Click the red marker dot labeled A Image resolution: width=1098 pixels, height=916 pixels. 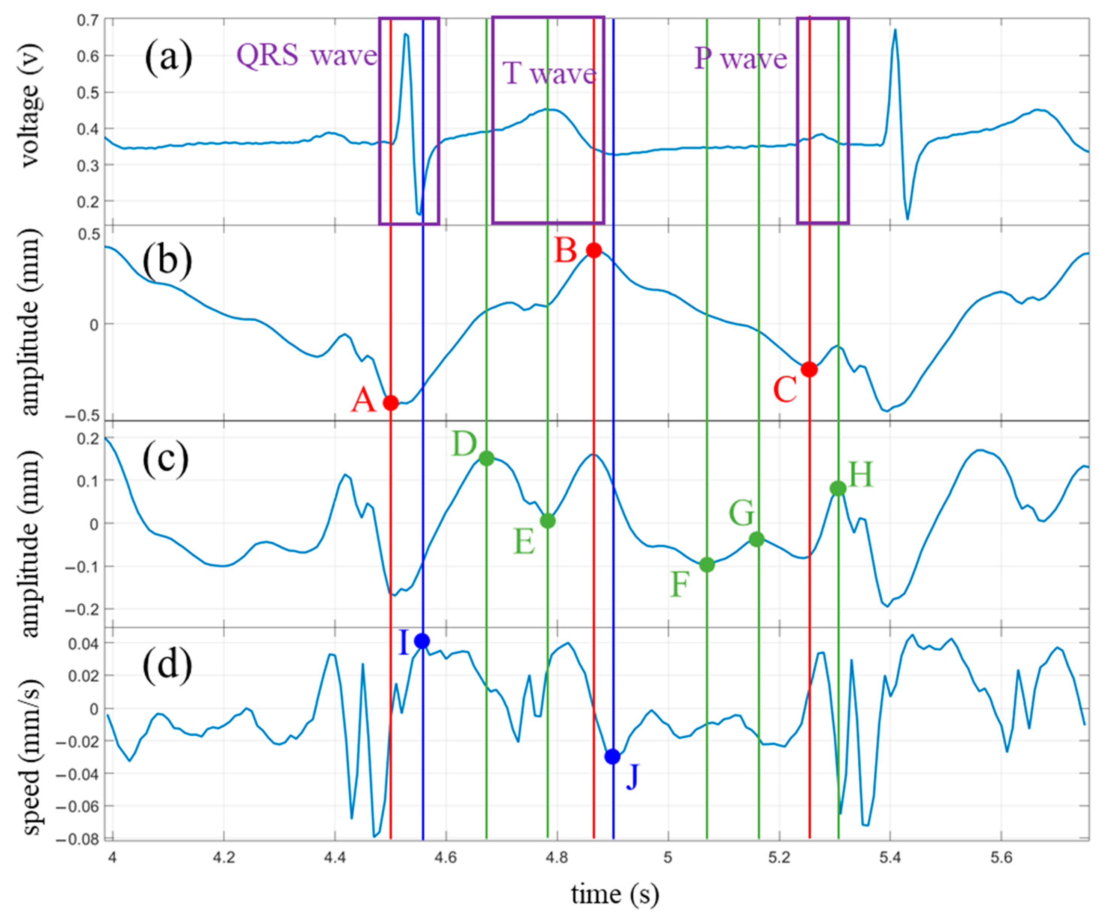point(391,403)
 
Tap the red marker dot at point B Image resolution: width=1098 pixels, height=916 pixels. point(594,250)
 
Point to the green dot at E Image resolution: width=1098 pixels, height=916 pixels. point(547,521)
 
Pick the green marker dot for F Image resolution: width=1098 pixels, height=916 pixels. point(707,565)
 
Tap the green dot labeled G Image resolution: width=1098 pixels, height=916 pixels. point(757,539)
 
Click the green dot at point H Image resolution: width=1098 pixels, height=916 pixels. point(838,489)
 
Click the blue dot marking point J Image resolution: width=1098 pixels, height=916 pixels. point(612,757)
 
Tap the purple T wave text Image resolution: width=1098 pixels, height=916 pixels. point(549,73)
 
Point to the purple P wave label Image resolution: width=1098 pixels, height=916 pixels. point(740,59)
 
